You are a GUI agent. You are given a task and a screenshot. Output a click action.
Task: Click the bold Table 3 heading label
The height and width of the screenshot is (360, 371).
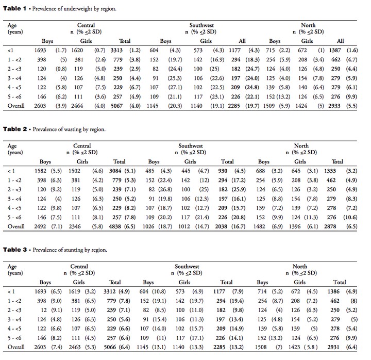[x=15, y=250]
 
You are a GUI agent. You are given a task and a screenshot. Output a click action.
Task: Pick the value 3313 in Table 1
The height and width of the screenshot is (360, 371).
[x=116, y=50]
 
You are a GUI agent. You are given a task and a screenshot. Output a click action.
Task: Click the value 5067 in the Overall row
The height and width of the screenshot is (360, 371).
[x=116, y=106]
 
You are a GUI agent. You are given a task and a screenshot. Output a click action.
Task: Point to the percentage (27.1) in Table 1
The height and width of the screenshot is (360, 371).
[x=175, y=87]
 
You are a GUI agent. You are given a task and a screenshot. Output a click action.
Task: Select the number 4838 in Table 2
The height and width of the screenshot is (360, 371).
[x=115, y=226]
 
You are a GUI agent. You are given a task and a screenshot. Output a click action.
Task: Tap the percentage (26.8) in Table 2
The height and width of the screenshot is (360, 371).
[x=165, y=189]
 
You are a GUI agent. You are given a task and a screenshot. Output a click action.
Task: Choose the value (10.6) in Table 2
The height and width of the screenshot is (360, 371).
[x=350, y=217]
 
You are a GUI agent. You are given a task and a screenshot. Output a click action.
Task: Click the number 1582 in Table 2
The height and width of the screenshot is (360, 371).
[x=41, y=171]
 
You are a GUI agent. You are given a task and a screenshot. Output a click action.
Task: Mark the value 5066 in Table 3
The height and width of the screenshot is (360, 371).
[x=110, y=347]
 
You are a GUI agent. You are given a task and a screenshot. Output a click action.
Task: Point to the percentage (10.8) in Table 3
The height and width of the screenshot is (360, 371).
[x=159, y=291]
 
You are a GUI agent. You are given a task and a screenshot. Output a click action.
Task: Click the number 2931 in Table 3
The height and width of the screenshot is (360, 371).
[x=333, y=347]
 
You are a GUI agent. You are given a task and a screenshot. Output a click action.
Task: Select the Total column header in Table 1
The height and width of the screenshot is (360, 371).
[x=125, y=41]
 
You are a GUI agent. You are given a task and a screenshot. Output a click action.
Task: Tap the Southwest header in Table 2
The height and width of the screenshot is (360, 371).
[x=191, y=145]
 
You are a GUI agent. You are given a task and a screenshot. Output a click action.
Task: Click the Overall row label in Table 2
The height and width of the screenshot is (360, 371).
[x=16, y=226]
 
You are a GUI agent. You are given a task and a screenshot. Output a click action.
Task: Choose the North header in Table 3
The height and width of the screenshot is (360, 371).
[x=300, y=266]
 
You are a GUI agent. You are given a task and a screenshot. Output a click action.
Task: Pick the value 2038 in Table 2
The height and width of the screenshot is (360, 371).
[x=221, y=226]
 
